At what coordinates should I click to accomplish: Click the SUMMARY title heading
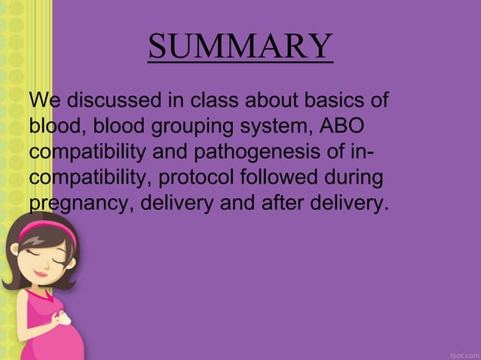pyautogui.click(x=240, y=47)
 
